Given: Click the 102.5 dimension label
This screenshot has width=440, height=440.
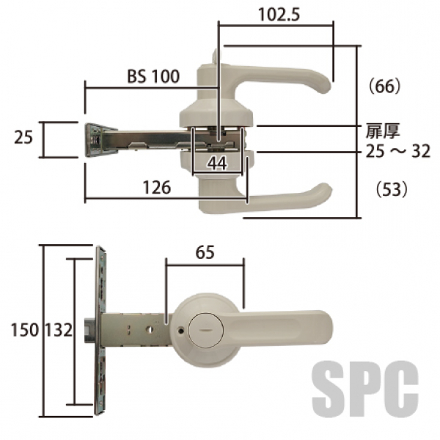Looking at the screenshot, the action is click(279, 15).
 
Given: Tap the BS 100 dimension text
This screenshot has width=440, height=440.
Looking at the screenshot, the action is click(153, 76).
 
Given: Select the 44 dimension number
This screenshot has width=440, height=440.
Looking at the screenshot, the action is click(218, 164).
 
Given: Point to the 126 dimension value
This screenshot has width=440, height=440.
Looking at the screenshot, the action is click(157, 188).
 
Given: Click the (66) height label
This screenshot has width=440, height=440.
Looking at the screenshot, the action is click(385, 87).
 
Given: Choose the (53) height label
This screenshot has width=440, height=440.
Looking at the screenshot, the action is click(392, 189).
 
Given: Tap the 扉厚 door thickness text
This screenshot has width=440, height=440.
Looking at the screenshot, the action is click(383, 131).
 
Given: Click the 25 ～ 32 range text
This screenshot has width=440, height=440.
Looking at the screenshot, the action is click(398, 152).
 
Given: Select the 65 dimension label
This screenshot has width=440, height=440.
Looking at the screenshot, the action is click(205, 252).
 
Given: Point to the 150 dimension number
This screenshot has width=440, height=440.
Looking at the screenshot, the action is click(24, 329).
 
